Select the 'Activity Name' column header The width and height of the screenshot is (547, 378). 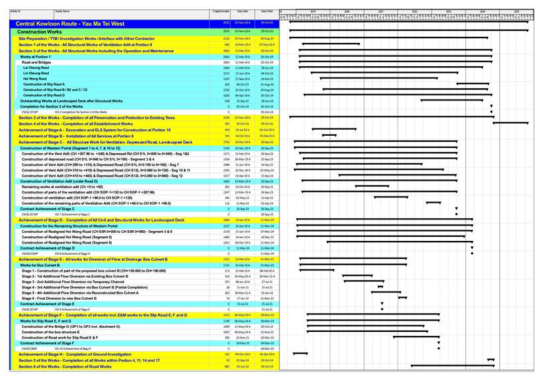(x=62, y=12)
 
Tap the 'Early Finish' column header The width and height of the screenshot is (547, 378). (x=267, y=12)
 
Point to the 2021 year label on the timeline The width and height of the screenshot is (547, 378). (x=380, y=11)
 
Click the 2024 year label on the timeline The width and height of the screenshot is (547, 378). (x=482, y=11)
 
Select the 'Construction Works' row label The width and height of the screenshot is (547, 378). (x=41, y=31)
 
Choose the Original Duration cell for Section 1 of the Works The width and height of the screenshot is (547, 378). (x=226, y=44)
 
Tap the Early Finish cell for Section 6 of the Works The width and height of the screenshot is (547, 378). (x=267, y=366)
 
